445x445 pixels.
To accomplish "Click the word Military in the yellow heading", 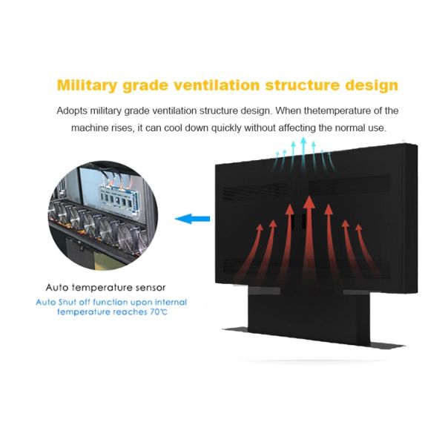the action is (x=87, y=85).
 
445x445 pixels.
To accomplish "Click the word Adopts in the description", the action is (x=72, y=111).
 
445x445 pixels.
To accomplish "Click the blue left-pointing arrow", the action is (x=192, y=219).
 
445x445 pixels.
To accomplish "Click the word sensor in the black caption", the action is (x=151, y=288).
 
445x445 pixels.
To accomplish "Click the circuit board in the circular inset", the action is (x=119, y=196).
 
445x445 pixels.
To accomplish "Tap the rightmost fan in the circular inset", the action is (x=128, y=238).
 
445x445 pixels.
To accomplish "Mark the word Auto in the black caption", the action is (x=57, y=288).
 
